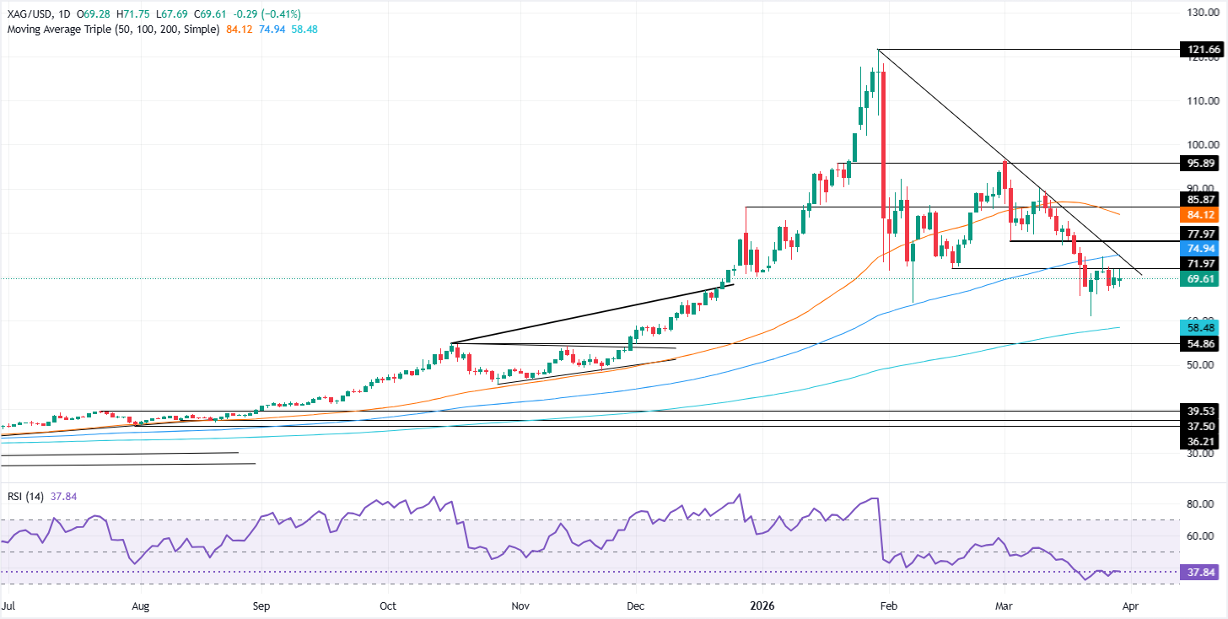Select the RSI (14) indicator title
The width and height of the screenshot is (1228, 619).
(26, 497)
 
